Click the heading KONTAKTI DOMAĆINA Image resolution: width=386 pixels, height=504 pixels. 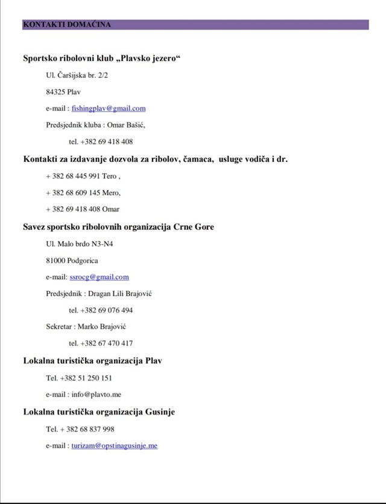point(66,25)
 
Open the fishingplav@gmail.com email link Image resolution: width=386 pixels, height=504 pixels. point(109,109)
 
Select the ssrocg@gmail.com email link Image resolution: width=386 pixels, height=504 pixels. point(100,277)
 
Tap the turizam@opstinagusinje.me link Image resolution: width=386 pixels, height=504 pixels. point(115,445)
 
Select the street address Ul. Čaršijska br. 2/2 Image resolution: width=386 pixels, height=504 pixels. point(77,76)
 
